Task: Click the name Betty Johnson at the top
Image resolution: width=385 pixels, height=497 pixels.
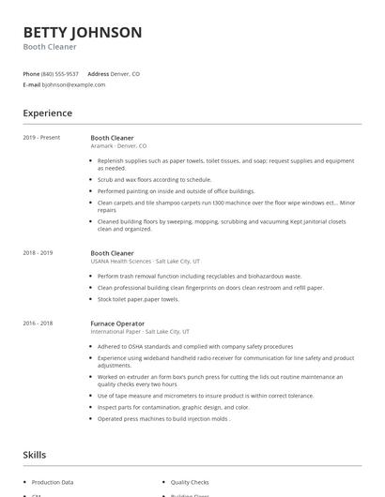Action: tap(83, 32)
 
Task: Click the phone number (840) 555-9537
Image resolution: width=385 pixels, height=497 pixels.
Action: tap(61, 73)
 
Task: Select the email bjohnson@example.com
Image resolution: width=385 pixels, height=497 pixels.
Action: tap(73, 84)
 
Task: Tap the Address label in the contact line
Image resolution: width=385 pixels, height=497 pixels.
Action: tap(98, 73)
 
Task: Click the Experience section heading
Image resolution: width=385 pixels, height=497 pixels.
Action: tap(47, 113)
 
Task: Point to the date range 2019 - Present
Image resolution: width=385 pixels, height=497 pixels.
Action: tap(41, 138)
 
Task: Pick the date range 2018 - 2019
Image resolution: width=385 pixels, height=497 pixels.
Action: tap(38, 252)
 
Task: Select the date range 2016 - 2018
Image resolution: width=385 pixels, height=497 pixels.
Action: tap(38, 324)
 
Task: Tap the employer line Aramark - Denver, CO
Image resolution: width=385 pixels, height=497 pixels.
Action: tap(118, 146)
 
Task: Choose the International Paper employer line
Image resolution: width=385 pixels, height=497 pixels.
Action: tap(140, 332)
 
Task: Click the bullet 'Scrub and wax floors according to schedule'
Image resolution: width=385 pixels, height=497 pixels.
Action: tap(154, 179)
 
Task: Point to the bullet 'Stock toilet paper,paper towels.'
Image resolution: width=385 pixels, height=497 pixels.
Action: tap(137, 299)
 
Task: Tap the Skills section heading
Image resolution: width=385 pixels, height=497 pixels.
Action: tap(34, 455)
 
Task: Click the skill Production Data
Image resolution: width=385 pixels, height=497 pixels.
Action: tap(53, 482)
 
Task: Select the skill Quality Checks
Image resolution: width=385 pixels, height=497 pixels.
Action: tap(190, 482)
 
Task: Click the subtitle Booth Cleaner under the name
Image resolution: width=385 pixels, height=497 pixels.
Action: tap(50, 47)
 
